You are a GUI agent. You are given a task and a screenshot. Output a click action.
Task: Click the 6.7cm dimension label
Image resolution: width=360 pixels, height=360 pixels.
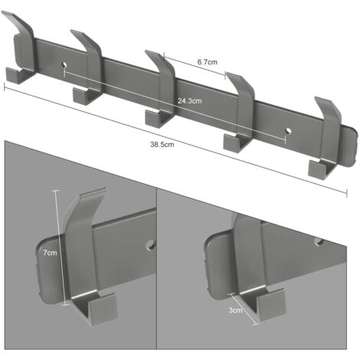click(x=207, y=62)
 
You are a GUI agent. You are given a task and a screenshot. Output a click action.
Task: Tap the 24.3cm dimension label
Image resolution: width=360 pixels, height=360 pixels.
click(x=190, y=101)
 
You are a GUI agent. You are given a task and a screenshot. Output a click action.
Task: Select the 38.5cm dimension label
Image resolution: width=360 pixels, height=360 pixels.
click(x=162, y=145)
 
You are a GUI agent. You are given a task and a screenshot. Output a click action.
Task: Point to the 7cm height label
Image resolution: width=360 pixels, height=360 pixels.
click(x=50, y=253)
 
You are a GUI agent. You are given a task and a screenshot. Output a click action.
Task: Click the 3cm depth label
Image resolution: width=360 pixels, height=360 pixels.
click(x=235, y=310)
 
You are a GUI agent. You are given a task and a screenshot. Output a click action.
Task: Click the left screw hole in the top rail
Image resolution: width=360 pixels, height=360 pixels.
click(x=64, y=64)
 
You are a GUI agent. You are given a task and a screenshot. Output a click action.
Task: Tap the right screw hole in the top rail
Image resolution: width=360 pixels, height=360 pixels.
click(x=289, y=130)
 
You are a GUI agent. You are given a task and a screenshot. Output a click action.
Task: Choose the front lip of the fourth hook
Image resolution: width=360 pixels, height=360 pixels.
click(x=232, y=143)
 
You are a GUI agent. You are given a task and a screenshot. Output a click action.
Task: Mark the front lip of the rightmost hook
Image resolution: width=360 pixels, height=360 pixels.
click(x=318, y=170)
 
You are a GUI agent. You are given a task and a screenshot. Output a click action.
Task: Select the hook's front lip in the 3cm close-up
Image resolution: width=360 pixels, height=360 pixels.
click(x=272, y=304)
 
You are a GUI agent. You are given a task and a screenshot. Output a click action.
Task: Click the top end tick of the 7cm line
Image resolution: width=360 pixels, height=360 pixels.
click(x=56, y=191)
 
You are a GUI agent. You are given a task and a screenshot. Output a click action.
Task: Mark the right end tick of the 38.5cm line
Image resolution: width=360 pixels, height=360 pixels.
click(x=347, y=193)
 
